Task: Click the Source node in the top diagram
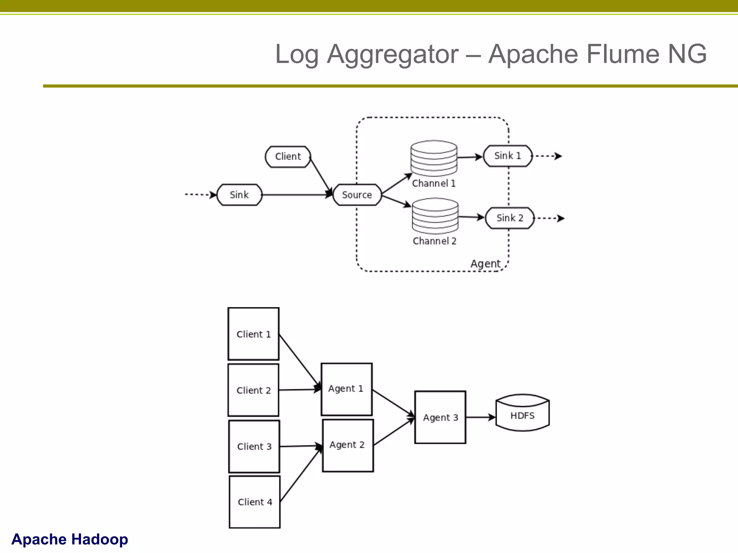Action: pyautogui.click(x=357, y=195)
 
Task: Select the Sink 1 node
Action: pyautogui.click(x=507, y=156)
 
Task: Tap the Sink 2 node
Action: pyautogui.click(x=510, y=218)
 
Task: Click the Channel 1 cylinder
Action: pyautogui.click(x=434, y=158)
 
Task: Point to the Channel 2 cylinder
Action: pyautogui.click(x=435, y=215)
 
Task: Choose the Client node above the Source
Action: pyautogui.click(x=288, y=157)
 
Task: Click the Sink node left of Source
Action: pyautogui.click(x=239, y=195)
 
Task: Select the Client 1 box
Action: pyautogui.click(x=253, y=334)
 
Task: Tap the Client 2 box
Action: pyautogui.click(x=253, y=390)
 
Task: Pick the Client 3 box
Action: pyautogui.click(x=254, y=446)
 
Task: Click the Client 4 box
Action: pyautogui.click(x=255, y=502)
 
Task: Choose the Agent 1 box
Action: pyautogui.click(x=346, y=389)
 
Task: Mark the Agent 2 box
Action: pyautogui.click(x=348, y=445)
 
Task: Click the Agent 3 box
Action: pyautogui.click(x=440, y=417)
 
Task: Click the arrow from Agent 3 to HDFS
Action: pyautogui.click(x=480, y=417)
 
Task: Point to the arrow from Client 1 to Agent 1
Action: pyautogui.click(x=299, y=361)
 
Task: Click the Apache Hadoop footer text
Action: pyautogui.click(x=70, y=539)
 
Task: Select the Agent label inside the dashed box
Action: pyautogui.click(x=485, y=264)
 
